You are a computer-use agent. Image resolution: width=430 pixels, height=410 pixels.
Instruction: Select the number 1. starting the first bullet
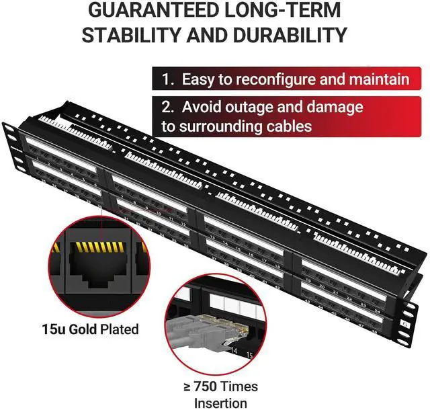tap(169, 79)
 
